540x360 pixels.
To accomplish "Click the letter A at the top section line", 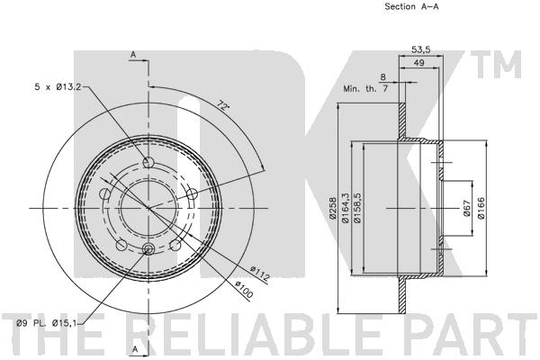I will tap(132, 55).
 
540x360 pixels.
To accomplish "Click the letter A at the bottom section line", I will tap(132, 348).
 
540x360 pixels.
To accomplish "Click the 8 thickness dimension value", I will tap(383, 77).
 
